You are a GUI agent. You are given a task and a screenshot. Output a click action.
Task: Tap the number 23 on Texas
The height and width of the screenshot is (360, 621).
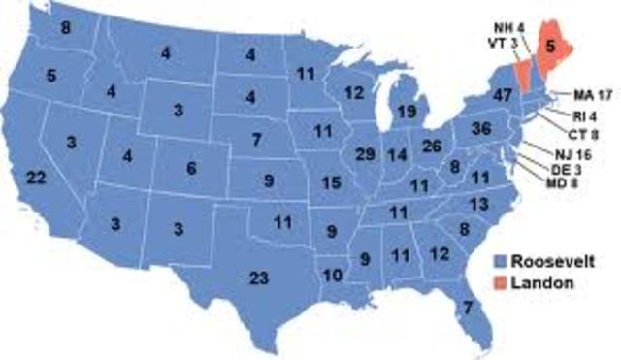coord(258,278)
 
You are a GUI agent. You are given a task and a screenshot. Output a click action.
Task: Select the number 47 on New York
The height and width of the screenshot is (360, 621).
coord(474,96)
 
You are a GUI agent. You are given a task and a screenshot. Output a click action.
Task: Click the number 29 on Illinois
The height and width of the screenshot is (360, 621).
coord(367,154)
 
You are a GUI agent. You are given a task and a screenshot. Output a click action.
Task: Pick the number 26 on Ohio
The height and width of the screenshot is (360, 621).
coord(433,147)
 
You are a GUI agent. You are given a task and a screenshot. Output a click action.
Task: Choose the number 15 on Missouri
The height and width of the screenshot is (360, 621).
coord(331,182)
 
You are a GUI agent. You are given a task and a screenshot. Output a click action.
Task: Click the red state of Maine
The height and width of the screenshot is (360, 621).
coord(549,48)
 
